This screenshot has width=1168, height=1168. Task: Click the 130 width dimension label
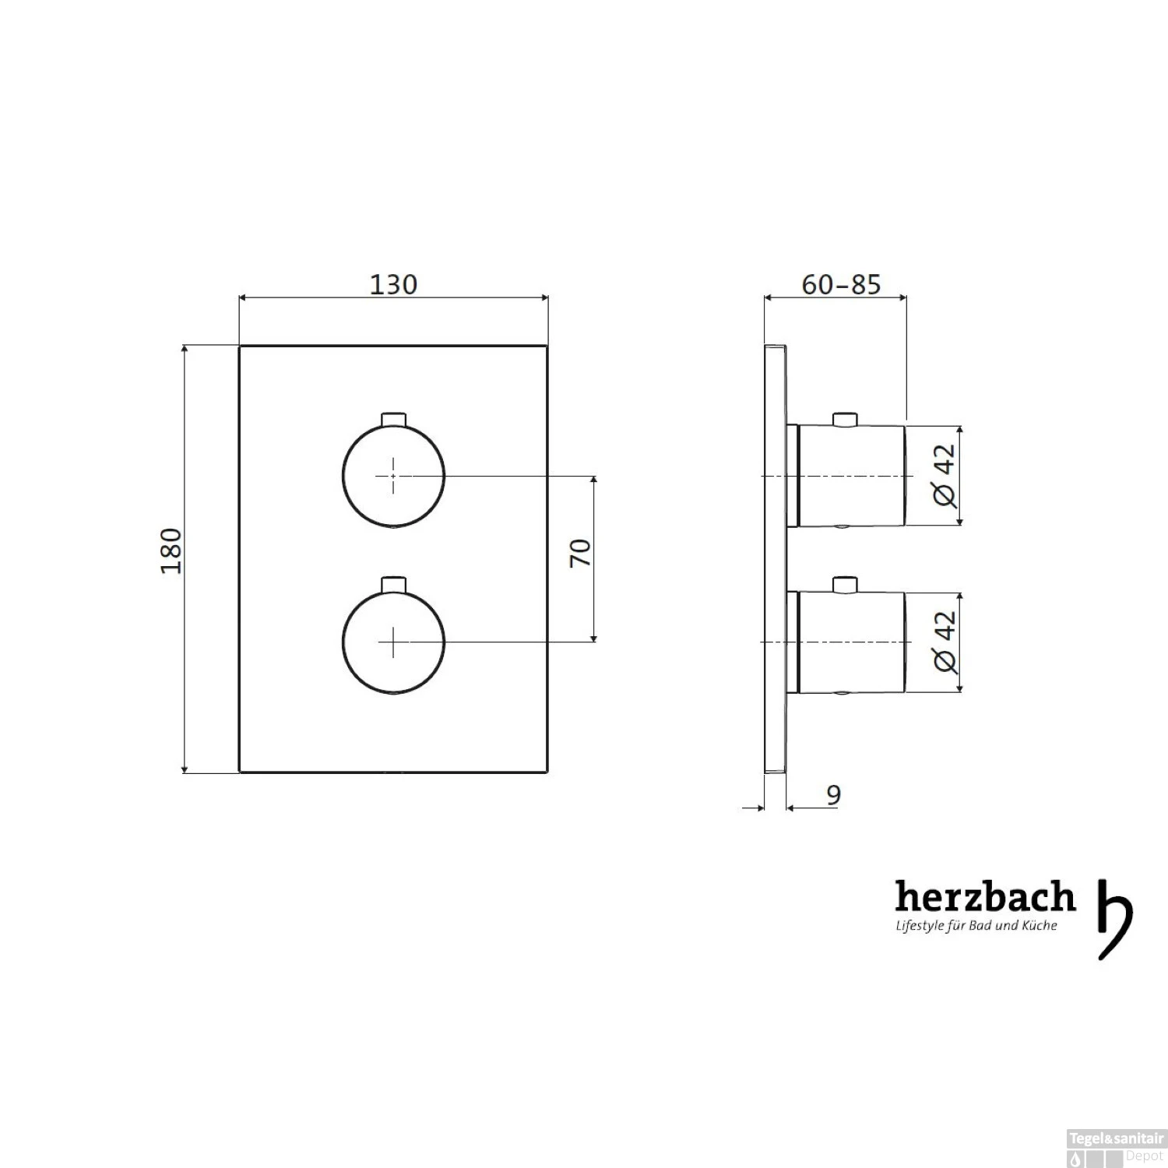393,285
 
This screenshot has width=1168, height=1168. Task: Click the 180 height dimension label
171,551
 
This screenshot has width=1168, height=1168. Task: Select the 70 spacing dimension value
581,553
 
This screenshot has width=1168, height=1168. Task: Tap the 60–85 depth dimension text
841,285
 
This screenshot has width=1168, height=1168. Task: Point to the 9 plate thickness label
833,795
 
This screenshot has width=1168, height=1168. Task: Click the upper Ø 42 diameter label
945,475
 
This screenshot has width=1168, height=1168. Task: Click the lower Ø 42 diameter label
945,641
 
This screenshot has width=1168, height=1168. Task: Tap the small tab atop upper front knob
394,419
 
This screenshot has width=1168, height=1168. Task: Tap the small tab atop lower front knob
394,584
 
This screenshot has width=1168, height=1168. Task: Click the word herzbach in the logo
985,897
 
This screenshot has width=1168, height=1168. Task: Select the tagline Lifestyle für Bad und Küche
976,926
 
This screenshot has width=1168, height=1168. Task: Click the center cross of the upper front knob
393,475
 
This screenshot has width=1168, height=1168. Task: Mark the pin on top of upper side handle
844,419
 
